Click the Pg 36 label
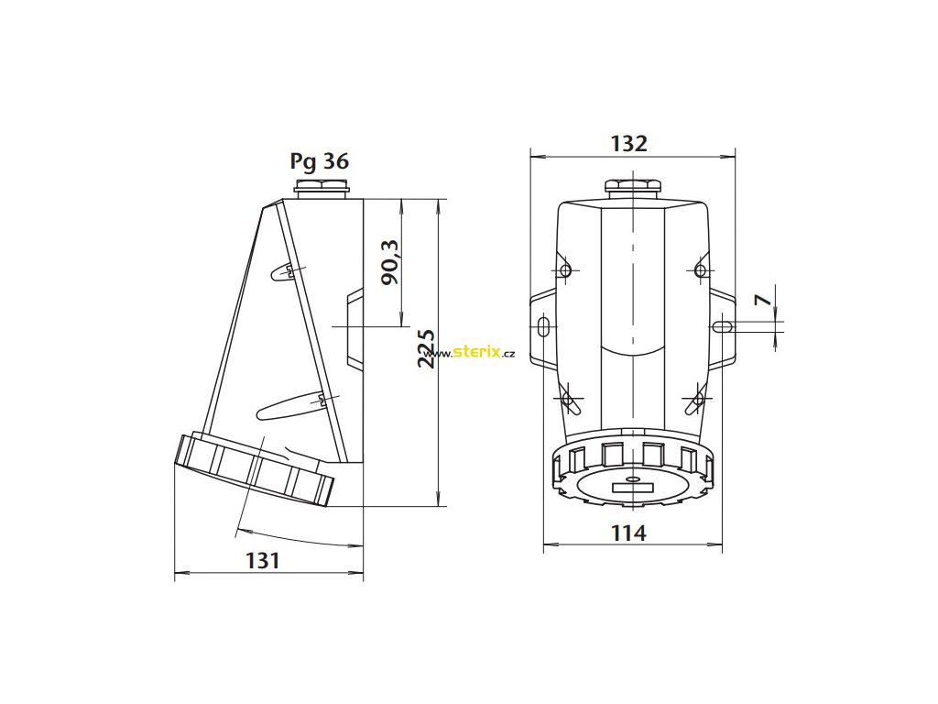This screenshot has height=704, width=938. (x=319, y=161)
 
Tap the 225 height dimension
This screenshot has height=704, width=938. (x=427, y=348)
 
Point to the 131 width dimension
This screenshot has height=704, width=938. (x=263, y=560)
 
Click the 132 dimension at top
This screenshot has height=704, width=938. (x=628, y=144)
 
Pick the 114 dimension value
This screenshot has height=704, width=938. (x=628, y=533)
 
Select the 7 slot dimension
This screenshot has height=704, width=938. (x=763, y=300)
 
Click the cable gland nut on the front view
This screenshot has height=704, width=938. (x=632, y=185)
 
